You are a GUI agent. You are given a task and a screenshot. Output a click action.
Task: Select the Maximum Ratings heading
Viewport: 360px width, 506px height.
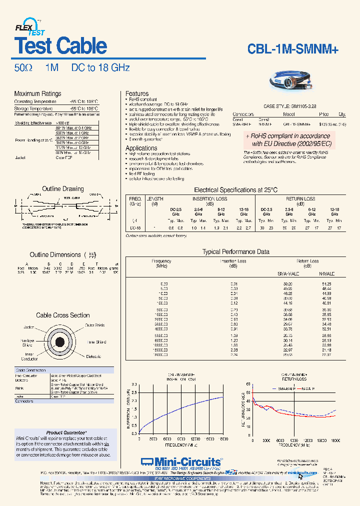pyautogui.click(x=37, y=93)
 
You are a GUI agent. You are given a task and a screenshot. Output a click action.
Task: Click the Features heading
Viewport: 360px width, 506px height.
pyautogui.click(x=136, y=93)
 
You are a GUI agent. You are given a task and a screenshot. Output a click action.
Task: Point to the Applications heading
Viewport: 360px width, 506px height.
pyautogui.click(x=141, y=148)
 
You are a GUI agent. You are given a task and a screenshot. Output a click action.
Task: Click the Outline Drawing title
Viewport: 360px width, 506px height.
pyautogui.click(x=62, y=189)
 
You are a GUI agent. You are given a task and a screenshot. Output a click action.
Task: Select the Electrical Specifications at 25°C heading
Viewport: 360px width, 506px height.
pyautogui.click(x=235, y=190)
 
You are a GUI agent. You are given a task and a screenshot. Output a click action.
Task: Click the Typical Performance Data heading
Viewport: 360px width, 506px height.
pyautogui.click(x=235, y=252)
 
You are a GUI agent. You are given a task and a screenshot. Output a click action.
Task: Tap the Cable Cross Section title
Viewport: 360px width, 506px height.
pyautogui.click(x=62, y=315)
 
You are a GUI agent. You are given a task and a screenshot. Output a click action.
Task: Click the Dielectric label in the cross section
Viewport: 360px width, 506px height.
pyautogui.click(x=92, y=356)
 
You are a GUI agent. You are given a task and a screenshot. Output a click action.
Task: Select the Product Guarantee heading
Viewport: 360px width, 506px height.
pyautogui.click(x=66, y=432)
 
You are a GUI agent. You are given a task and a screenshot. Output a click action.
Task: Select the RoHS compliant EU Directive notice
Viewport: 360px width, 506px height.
pyautogui.click(x=288, y=139)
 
